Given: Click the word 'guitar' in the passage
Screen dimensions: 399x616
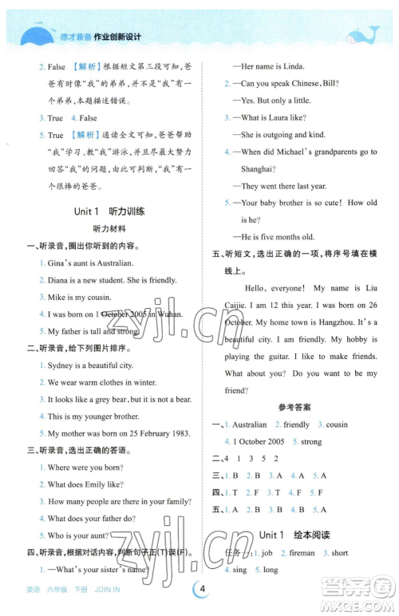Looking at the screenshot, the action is click(273, 356).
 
